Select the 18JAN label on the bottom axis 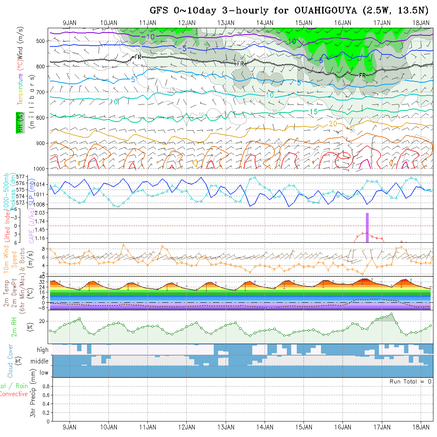click(x=421, y=427)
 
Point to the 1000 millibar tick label click(x=41, y=169)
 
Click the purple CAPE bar click(x=367, y=227)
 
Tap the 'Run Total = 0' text click(x=410, y=381)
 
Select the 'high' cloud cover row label click(x=43, y=350)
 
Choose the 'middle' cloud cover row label click(x=40, y=361)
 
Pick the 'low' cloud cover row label click(x=44, y=373)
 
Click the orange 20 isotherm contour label click(x=333, y=124)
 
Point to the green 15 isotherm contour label click(x=313, y=112)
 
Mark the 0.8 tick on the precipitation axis click(x=45, y=386)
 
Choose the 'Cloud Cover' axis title click(x=10, y=361)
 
